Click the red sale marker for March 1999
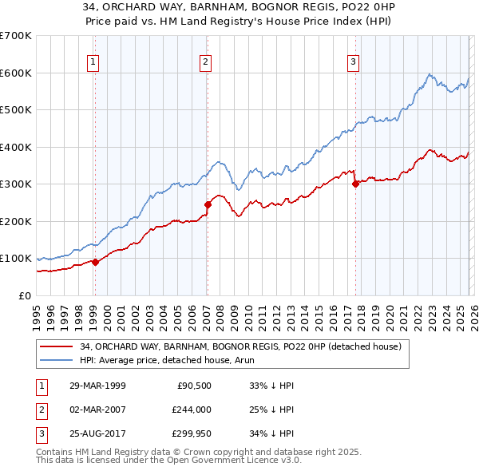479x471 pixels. click(95, 261)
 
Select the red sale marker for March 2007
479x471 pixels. click(208, 204)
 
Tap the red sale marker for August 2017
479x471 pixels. click(355, 184)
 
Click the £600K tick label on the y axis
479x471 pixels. click(15, 73)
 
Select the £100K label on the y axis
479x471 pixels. click(15, 259)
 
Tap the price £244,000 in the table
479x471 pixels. click(192, 410)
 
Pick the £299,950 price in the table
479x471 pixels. click(192, 433)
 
